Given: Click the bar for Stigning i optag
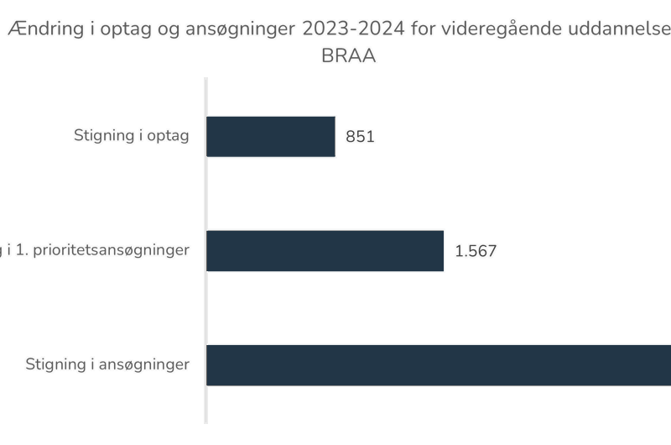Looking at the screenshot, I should tap(271, 137).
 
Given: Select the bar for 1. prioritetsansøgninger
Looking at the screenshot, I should tap(325, 250).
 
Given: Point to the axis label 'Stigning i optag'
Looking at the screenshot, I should tap(132, 136).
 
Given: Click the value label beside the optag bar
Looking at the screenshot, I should tap(360, 137).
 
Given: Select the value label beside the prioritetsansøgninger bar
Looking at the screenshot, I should tap(475, 250).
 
